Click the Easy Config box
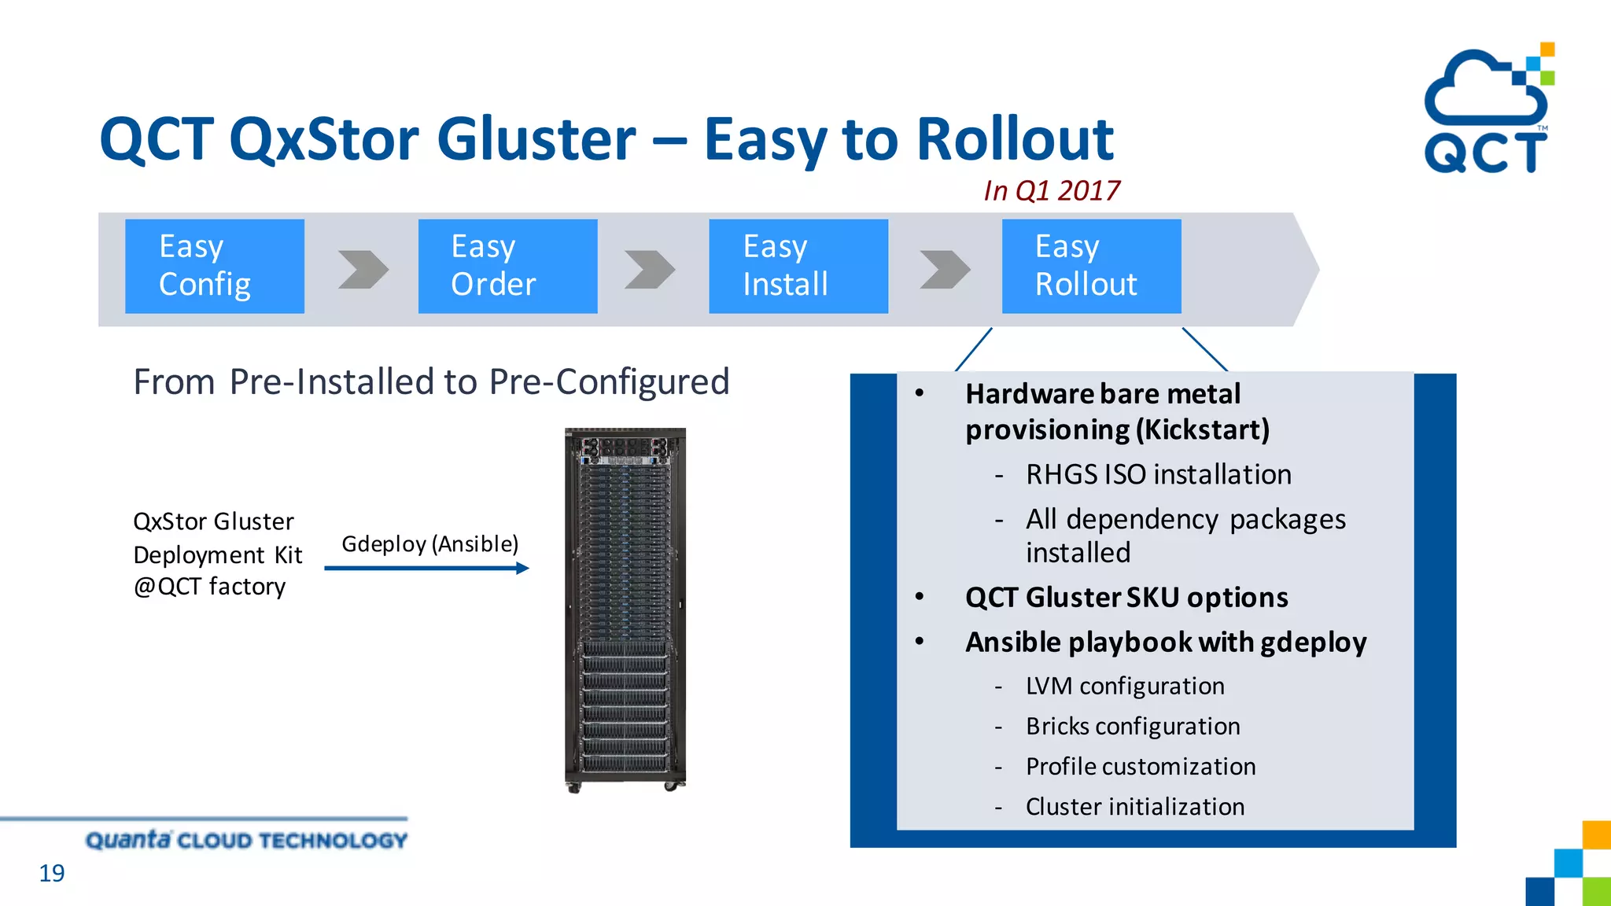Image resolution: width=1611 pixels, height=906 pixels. pyautogui.click(x=214, y=266)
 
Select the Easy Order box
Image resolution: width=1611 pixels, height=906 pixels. pyautogui.click(x=507, y=266)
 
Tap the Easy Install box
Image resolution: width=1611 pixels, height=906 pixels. pyautogui.click(x=798, y=266)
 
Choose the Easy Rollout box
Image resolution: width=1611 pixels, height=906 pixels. pyautogui.click(x=1091, y=266)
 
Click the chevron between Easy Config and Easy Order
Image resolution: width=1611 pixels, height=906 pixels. pyautogui.click(x=363, y=270)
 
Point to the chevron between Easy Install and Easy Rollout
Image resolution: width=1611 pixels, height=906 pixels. pyautogui.click(x=944, y=270)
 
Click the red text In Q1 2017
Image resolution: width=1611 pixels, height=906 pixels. pyautogui.click(x=1051, y=190)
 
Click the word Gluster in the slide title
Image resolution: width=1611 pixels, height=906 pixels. pyautogui.click(x=536, y=139)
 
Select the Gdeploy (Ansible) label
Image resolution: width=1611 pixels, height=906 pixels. pyautogui.click(x=429, y=543)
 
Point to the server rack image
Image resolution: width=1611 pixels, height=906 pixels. pyautogui.click(x=625, y=610)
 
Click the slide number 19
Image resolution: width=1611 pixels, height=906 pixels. pyautogui.click(x=52, y=873)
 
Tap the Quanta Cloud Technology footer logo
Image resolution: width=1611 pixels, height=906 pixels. pyautogui.click(x=246, y=840)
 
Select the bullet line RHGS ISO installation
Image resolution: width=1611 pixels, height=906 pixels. pyautogui.click(x=1158, y=475)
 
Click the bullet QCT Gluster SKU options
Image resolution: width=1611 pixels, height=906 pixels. pyautogui.click(x=1126, y=598)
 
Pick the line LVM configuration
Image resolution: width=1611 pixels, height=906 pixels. pyautogui.click(x=1124, y=686)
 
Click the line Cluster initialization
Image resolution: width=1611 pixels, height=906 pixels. pyautogui.click(x=1134, y=807)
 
